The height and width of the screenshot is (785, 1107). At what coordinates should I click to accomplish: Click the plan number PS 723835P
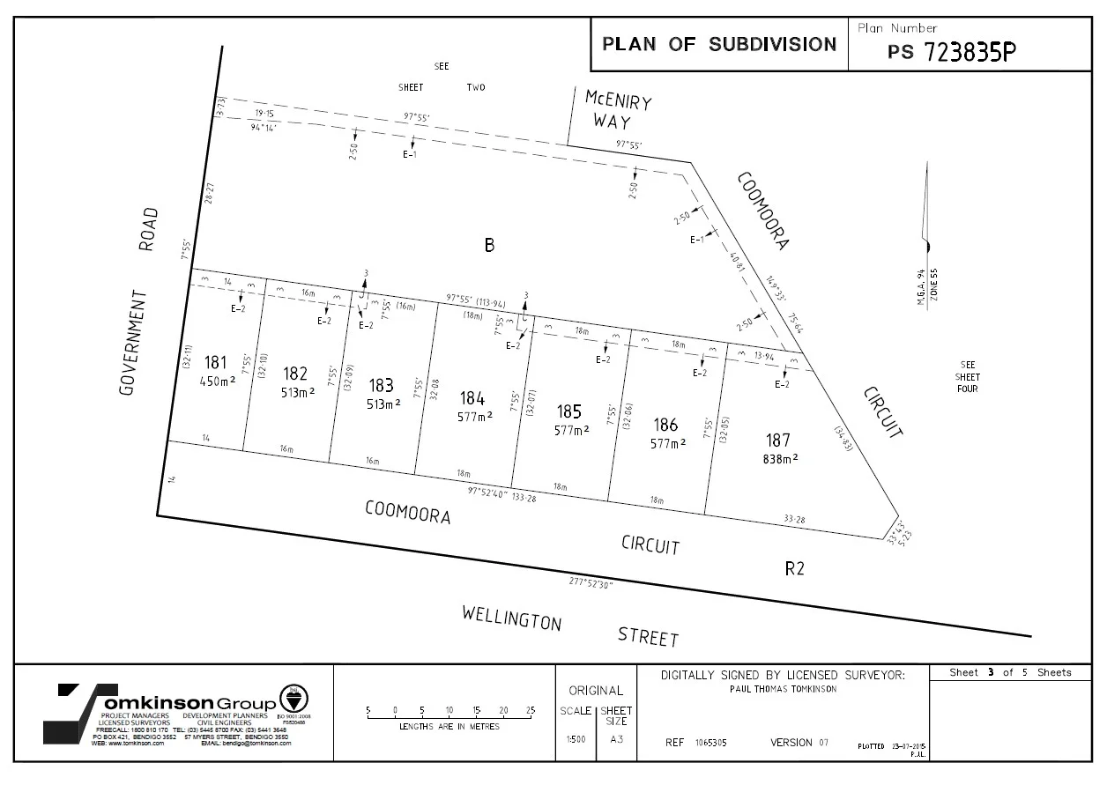[952, 51]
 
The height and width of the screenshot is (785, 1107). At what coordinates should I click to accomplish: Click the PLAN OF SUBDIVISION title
[718, 44]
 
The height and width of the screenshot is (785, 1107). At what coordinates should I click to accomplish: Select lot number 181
[215, 363]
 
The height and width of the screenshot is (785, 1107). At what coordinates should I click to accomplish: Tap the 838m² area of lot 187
[780, 458]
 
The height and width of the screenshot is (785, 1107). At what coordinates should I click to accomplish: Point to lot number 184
[472, 399]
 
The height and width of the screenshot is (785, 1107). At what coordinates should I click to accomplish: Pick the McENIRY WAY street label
[618, 109]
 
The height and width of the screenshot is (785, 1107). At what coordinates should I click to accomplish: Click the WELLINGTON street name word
[511, 618]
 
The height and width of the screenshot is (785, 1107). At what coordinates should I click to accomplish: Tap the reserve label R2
[794, 568]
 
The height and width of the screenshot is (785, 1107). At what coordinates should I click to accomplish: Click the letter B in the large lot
[489, 246]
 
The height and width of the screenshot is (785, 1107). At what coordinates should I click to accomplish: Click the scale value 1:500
[576, 739]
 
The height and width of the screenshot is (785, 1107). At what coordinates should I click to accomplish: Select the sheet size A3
[616, 739]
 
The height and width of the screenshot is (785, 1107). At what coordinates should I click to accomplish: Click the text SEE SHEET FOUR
[968, 376]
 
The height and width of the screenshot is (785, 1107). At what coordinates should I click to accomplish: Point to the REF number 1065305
[710, 743]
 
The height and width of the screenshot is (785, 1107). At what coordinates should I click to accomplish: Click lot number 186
[665, 425]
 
